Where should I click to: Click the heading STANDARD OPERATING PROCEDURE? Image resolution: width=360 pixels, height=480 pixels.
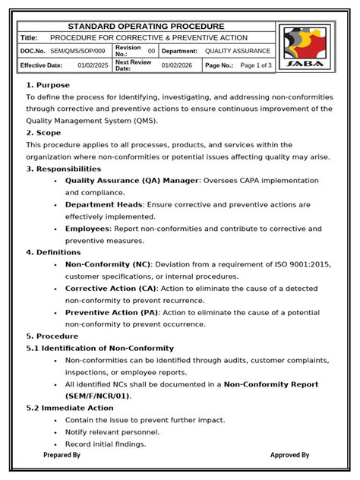pyautogui.click(x=146, y=26)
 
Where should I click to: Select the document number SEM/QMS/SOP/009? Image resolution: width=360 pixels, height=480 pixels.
pyautogui.click(x=77, y=51)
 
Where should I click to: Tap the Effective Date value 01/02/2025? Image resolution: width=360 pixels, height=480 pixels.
pyautogui.click(x=93, y=65)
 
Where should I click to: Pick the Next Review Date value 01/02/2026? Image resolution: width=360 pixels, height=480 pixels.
pyautogui.click(x=177, y=65)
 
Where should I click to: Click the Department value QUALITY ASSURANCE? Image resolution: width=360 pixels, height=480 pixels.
pyautogui.click(x=237, y=51)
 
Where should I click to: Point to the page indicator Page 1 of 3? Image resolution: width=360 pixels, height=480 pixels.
pyautogui.click(x=255, y=65)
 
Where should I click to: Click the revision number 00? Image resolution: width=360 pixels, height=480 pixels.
pyautogui.click(x=151, y=51)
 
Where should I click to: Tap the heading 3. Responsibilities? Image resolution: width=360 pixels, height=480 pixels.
pyautogui.click(x=63, y=169)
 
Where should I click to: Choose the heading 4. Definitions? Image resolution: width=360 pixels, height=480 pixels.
pyautogui.click(x=53, y=252)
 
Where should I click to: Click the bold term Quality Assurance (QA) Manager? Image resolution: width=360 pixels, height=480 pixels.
pyautogui.click(x=131, y=181)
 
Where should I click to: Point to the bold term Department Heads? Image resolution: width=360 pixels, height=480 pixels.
pyautogui.click(x=104, y=204)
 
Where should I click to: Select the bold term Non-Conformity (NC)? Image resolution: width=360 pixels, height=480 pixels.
pyautogui.click(x=108, y=264)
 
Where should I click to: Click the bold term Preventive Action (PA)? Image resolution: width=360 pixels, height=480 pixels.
pyautogui.click(x=112, y=312)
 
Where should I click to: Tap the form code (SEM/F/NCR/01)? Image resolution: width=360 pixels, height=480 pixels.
pyautogui.click(x=97, y=396)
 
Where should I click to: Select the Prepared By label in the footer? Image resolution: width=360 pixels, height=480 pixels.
pyautogui.click(x=62, y=455)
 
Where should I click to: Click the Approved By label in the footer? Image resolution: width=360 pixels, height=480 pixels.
pyautogui.click(x=289, y=455)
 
